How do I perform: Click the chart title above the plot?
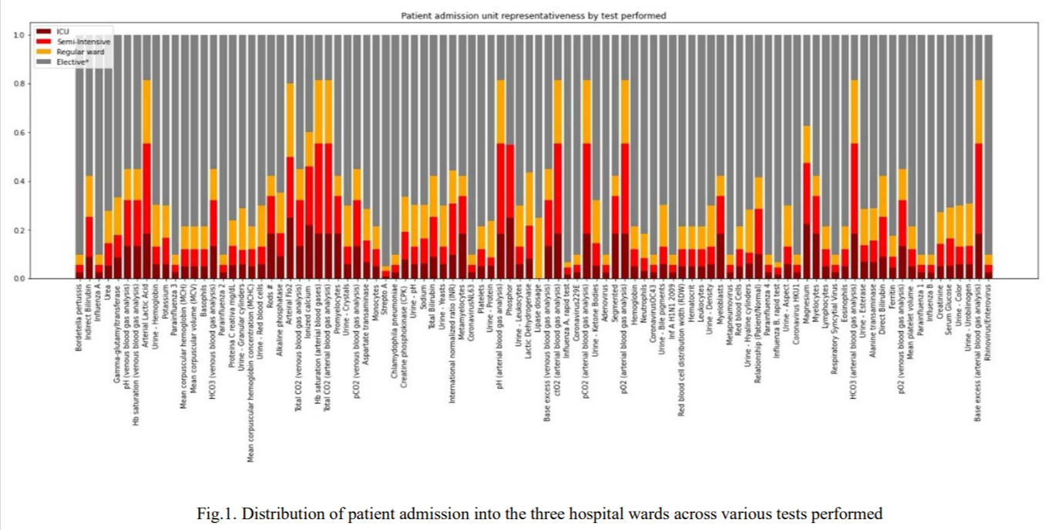pos(533,15)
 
